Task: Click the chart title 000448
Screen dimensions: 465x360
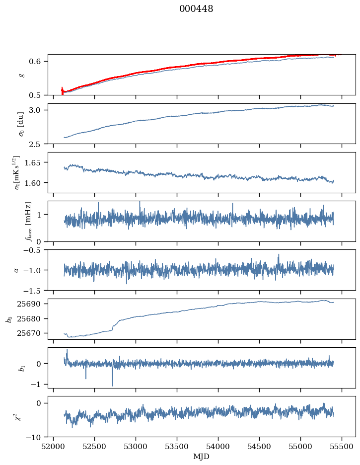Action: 196,9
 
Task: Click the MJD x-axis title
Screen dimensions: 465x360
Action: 201,457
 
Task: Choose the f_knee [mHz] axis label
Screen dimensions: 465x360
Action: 28,221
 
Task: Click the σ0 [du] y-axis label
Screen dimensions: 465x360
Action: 21,124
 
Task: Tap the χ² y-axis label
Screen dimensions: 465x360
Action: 18,417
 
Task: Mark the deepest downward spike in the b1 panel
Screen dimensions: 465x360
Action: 112,386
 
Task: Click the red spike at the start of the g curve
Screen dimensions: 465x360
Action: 62,91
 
